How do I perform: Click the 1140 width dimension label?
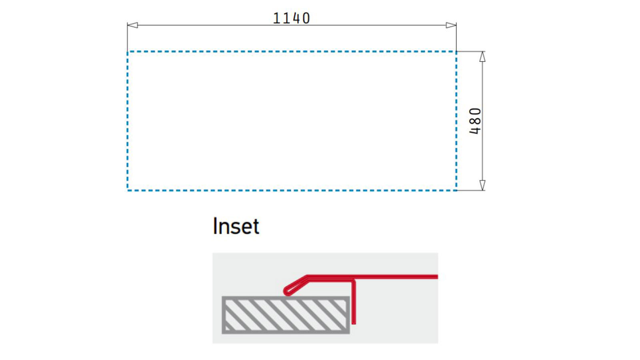click(x=292, y=18)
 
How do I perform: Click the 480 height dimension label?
click(x=475, y=121)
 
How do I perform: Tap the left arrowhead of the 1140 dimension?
click(x=132, y=25)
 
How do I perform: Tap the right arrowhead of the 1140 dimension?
click(x=451, y=25)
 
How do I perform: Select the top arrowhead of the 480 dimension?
click(x=482, y=56)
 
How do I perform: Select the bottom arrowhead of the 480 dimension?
click(x=482, y=185)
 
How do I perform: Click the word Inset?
click(x=236, y=226)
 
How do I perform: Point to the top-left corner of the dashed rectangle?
click(x=128, y=52)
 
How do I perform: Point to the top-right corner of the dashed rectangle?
click(x=456, y=52)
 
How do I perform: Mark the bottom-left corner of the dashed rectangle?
click(x=128, y=190)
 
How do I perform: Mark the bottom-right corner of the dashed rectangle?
click(x=456, y=190)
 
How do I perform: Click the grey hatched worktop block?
click(x=286, y=315)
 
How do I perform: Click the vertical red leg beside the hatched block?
click(x=354, y=302)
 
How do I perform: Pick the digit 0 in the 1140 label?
click(x=306, y=18)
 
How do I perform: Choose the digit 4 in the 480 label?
click(x=475, y=130)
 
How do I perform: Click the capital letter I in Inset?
click(x=214, y=226)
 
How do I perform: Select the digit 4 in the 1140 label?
click(x=296, y=18)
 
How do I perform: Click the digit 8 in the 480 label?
click(x=475, y=121)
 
